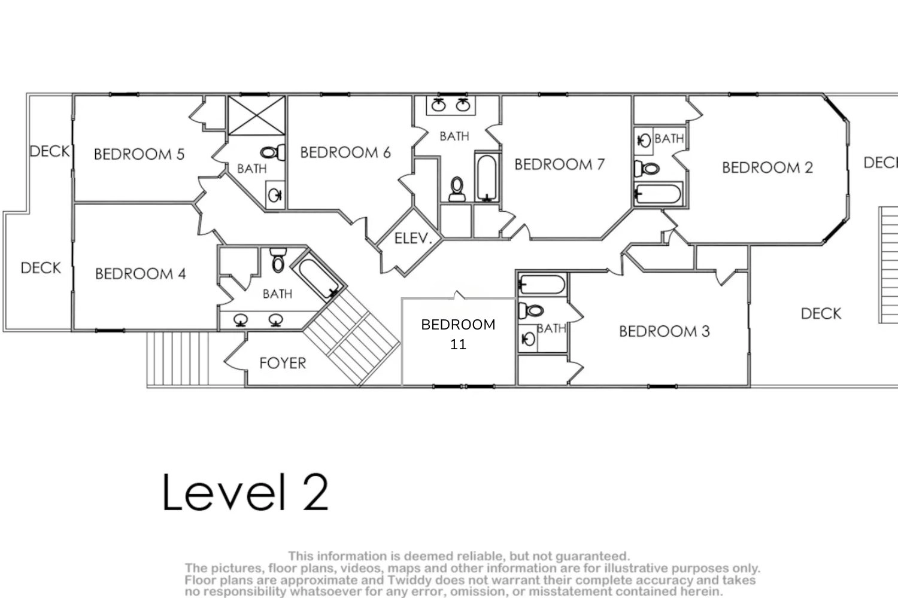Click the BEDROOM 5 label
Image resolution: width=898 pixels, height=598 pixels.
pyautogui.click(x=139, y=154)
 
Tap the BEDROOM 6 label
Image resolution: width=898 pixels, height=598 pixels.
pyautogui.click(x=345, y=152)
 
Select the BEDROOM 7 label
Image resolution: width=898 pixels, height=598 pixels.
pyautogui.click(x=559, y=164)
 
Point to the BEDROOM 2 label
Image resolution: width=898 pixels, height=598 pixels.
pyautogui.click(x=767, y=167)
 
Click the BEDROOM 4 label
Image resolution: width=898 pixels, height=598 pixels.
pyautogui.click(x=140, y=273)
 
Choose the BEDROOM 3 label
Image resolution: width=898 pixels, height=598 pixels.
pyautogui.click(x=665, y=331)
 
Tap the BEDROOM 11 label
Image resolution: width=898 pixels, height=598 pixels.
pyautogui.click(x=458, y=334)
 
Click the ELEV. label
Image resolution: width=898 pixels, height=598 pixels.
pyautogui.click(x=413, y=239)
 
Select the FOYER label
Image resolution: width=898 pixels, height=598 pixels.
pyautogui.click(x=283, y=364)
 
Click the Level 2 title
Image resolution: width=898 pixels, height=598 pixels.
pyautogui.click(x=245, y=492)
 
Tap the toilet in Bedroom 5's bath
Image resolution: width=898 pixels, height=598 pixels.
pyautogui.click(x=272, y=152)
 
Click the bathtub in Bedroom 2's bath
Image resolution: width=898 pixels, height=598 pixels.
pyautogui.click(x=659, y=194)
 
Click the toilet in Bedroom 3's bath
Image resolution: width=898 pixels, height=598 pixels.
pyautogui.click(x=531, y=310)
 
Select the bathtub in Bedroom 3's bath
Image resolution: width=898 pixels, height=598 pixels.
pyautogui.click(x=542, y=285)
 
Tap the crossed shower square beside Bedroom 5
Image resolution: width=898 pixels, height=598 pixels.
pyautogui.click(x=257, y=115)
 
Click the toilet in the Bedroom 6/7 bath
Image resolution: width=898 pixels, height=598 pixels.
pyautogui.click(x=457, y=189)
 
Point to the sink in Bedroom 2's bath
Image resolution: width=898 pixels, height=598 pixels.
pyautogui.click(x=644, y=141)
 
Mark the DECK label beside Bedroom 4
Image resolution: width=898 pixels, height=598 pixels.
pyautogui.click(x=41, y=267)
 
